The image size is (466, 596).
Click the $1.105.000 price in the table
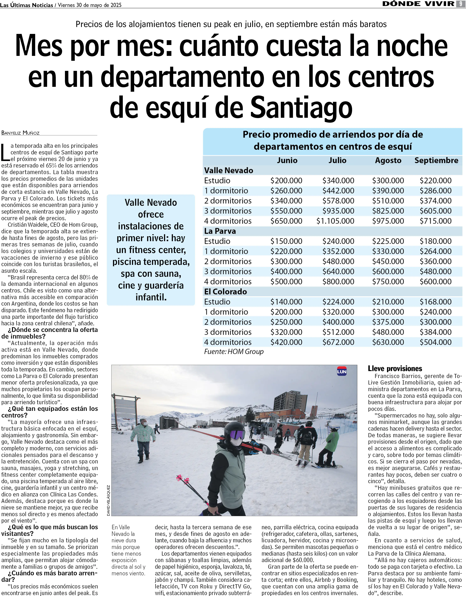coord(335,221)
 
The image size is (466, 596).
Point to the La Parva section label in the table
coord(220,231)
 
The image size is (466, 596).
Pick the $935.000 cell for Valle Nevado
coord(338,211)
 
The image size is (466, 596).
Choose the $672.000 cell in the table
coord(338,342)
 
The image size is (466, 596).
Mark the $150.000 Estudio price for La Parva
coord(286,241)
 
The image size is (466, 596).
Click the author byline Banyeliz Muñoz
coord(21,133)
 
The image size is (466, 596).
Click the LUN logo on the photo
coord(341,371)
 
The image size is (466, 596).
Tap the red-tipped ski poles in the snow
coord(191,489)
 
